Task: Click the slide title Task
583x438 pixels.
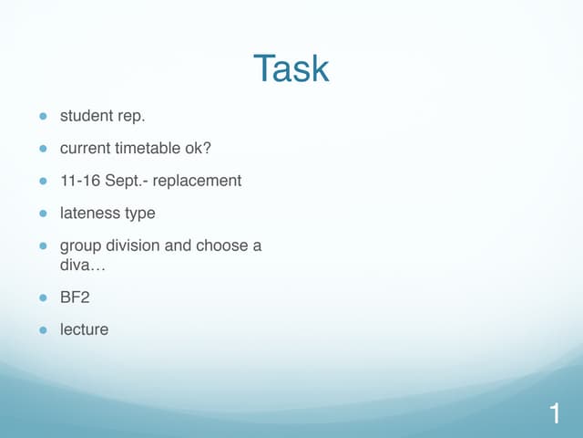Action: click(x=291, y=69)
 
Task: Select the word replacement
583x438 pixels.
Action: click(x=197, y=181)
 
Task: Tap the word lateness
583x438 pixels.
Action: click(x=88, y=213)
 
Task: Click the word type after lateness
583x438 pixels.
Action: click(x=138, y=214)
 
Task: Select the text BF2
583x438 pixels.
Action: click(x=75, y=297)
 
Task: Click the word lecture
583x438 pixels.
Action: click(x=84, y=328)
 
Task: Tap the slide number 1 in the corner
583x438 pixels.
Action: click(x=555, y=414)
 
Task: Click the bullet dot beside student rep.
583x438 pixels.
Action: click(x=42, y=117)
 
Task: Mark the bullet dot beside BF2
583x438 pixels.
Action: click(x=42, y=297)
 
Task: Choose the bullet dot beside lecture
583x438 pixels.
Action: click(x=42, y=329)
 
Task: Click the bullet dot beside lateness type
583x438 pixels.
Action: click(x=42, y=214)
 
